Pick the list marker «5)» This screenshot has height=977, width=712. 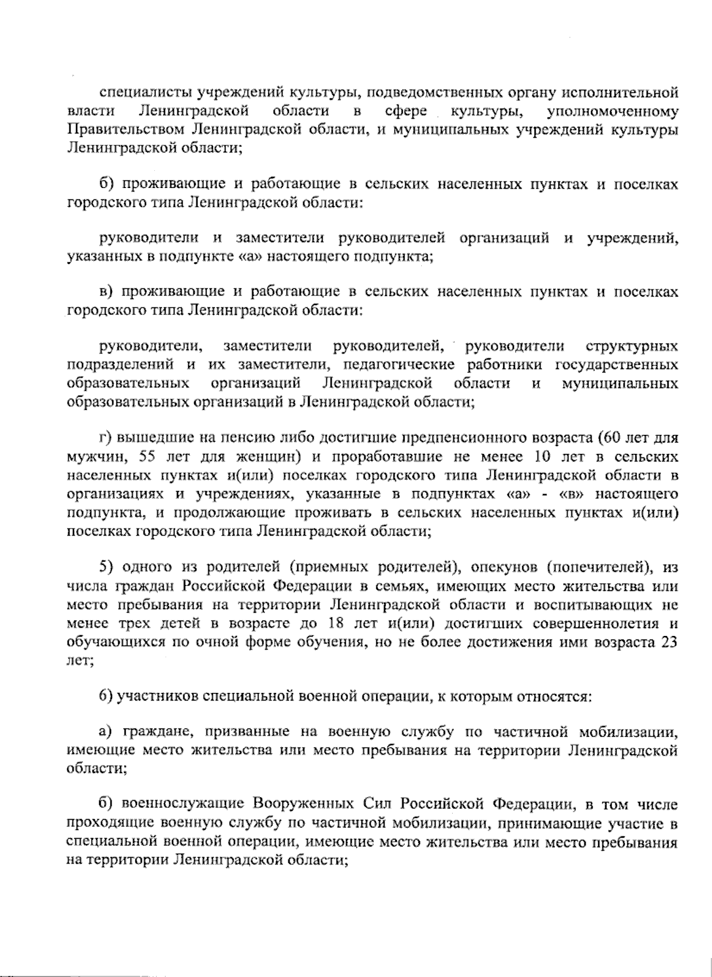(106, 568)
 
